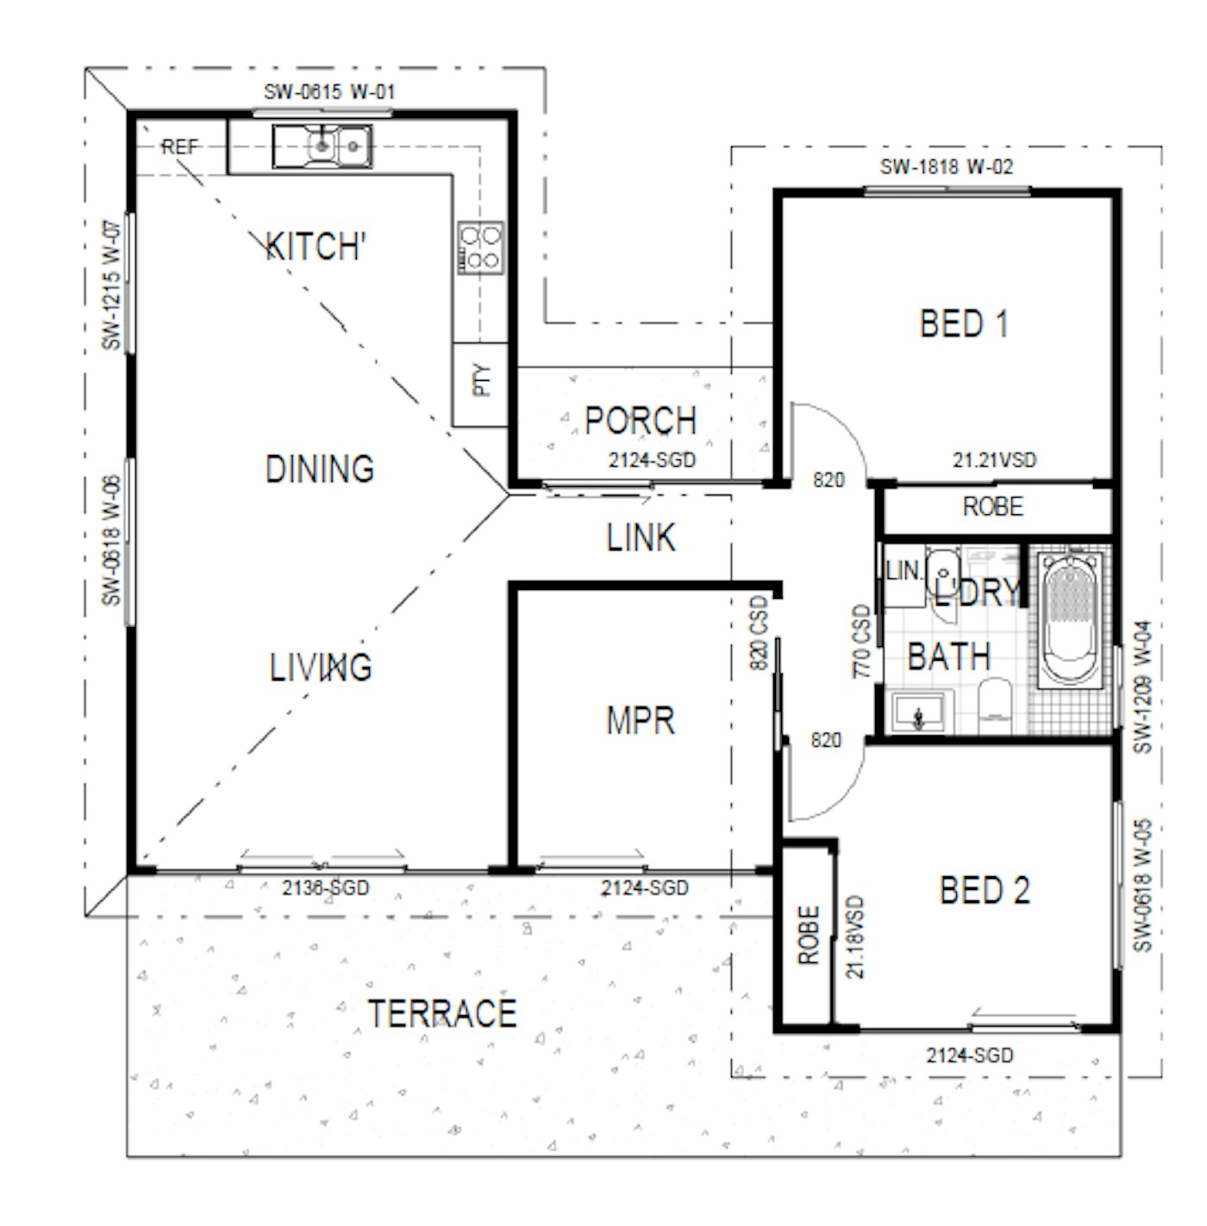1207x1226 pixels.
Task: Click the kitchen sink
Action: coord(322,146)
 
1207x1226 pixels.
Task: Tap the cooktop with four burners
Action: coord(479,247)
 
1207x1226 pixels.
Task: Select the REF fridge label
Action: coord(179,147)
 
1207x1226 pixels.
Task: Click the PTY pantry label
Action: coord(482,380)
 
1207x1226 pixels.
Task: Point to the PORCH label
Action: coord(640,420)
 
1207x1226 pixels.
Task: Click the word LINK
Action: coord(641,537)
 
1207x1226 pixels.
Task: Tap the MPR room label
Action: coord(640,721)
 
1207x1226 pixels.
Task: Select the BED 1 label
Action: coord(964,323)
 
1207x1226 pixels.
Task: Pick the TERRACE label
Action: coord(442,1013)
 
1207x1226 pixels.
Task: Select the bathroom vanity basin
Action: coord(918,712)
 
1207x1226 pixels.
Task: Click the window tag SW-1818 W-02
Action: coord(946,166)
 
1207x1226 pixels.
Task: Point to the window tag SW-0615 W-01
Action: coord(329,91)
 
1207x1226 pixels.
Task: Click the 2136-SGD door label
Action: coord(326,887)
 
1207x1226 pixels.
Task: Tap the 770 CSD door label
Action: coord(860,641)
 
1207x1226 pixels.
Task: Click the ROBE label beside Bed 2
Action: coord(809,935)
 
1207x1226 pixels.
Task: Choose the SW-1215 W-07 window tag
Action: coord(111,285)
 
